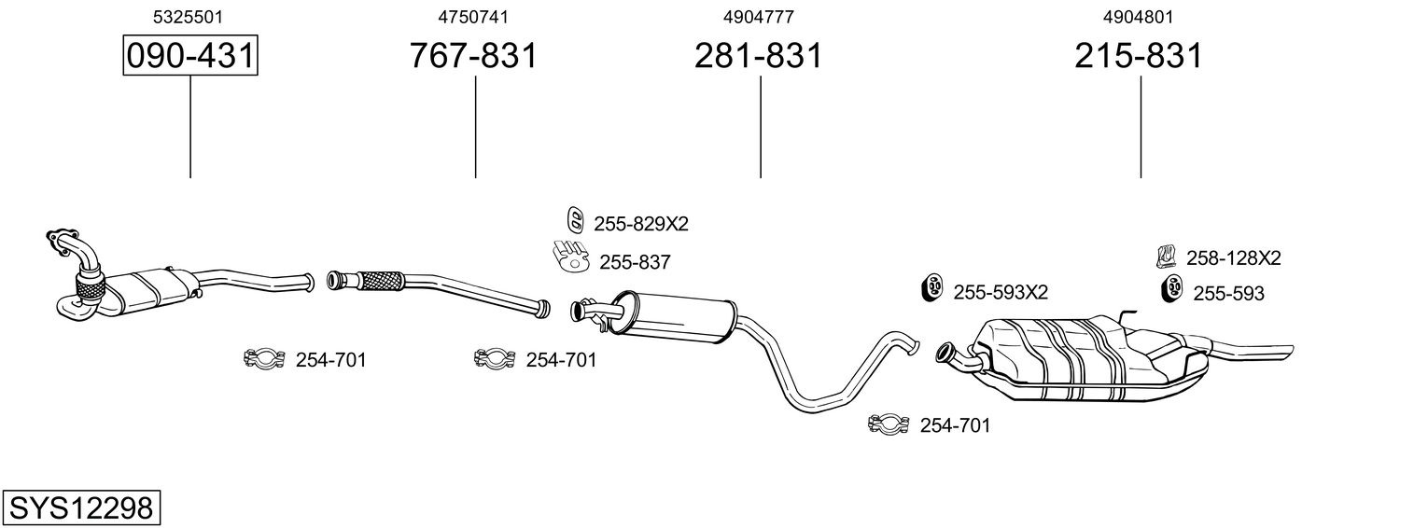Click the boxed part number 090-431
[189, 56]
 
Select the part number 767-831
[474, 56]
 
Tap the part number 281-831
[758, 56]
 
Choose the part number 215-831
[1139, 56]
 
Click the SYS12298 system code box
[80, 508]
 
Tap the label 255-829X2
[640, 224]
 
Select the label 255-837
[635, 263]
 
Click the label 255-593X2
[1001, 293]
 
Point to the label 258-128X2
[1233, 258]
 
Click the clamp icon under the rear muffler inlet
[889, 424]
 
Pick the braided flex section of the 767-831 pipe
[378, 279]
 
